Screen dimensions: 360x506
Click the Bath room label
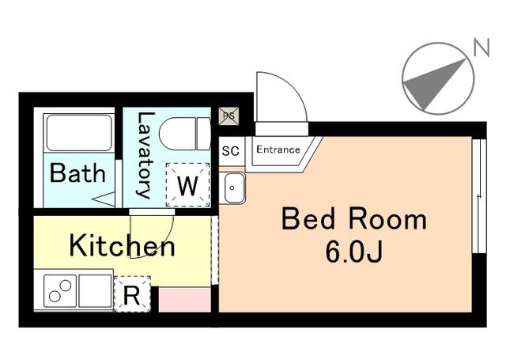[77, 172]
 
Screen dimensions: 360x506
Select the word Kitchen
[122, 245]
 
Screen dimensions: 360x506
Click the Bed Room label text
[353, 219]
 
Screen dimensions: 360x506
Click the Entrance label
[278, 150]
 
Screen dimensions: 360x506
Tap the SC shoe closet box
[231, 150]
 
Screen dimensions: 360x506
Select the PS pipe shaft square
[227, 116]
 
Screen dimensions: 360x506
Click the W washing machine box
[187, 186]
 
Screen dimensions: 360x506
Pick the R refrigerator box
[132, 295]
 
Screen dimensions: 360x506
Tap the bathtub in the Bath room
[78, 133]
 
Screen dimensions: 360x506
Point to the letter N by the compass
[480, 48]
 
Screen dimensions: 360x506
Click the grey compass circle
[437, 78]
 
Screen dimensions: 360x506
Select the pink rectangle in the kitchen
[185, 299]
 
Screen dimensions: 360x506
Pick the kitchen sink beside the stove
[95, 290]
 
